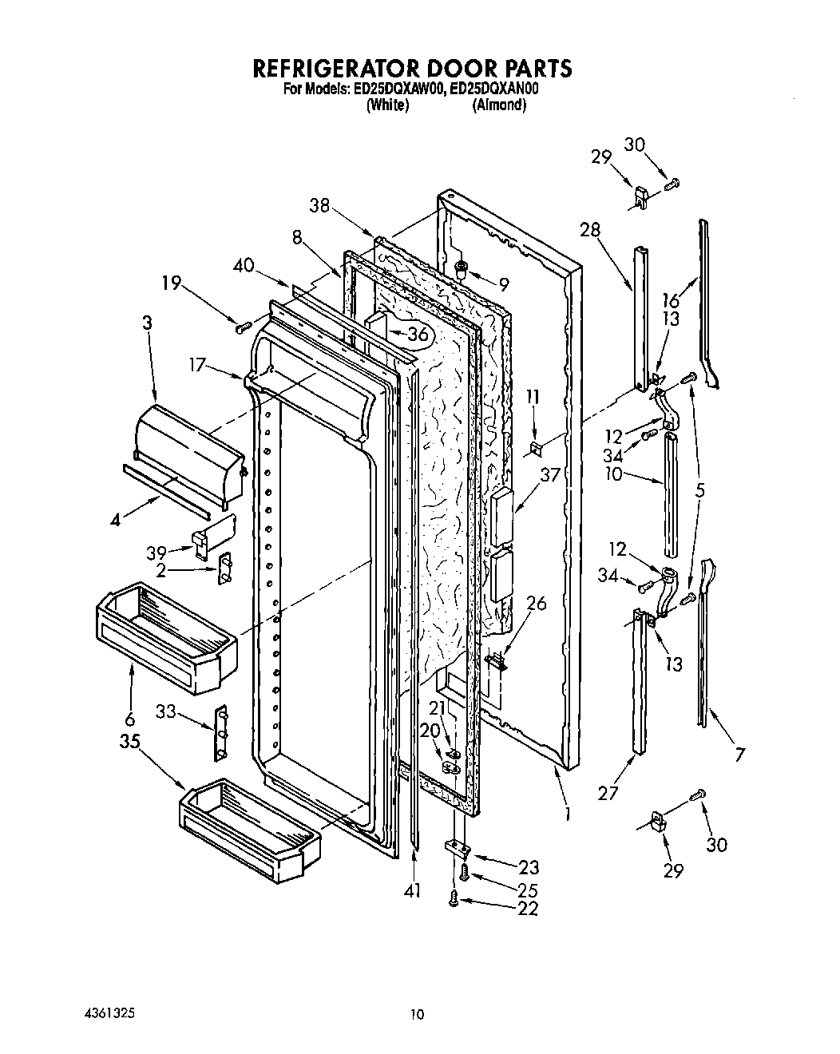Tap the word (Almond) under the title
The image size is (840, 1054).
click(499, 105)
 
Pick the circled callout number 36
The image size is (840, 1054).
click(418, 335)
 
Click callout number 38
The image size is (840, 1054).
click(320, 204)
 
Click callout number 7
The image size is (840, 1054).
click(740, 752)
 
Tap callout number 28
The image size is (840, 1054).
click(590, 230)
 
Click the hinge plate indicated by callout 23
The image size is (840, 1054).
click(457, 848)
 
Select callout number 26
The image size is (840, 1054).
click(537, 604)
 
